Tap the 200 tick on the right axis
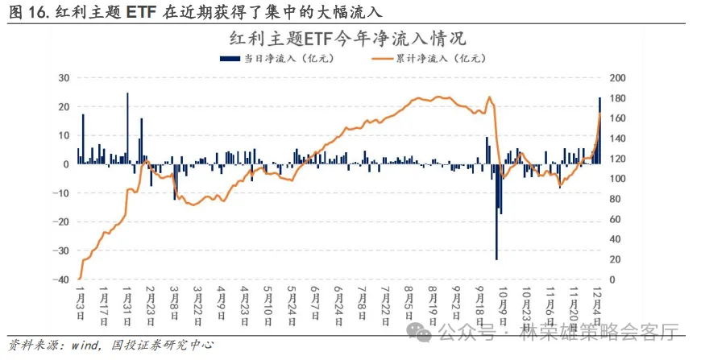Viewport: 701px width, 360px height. click(616, 78)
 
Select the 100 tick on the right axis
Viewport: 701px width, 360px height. click(616, 179)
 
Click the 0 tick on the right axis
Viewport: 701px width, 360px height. click(612, 279)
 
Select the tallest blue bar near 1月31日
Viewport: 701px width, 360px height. click(127, 129)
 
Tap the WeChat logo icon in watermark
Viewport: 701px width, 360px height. click(423, 331)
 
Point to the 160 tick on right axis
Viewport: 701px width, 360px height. click(616, 118)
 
